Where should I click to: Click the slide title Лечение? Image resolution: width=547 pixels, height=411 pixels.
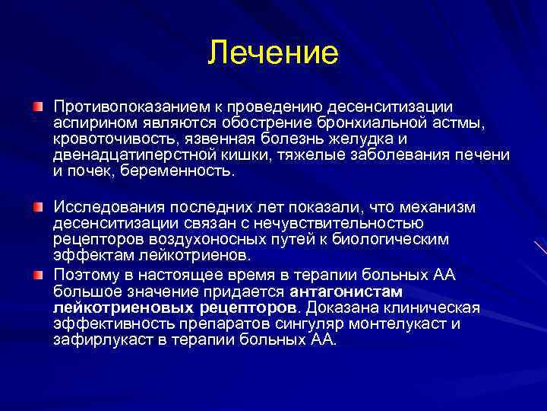273,54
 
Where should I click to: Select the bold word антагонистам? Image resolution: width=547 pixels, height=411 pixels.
346,291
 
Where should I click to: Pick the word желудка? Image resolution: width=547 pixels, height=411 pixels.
362,138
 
